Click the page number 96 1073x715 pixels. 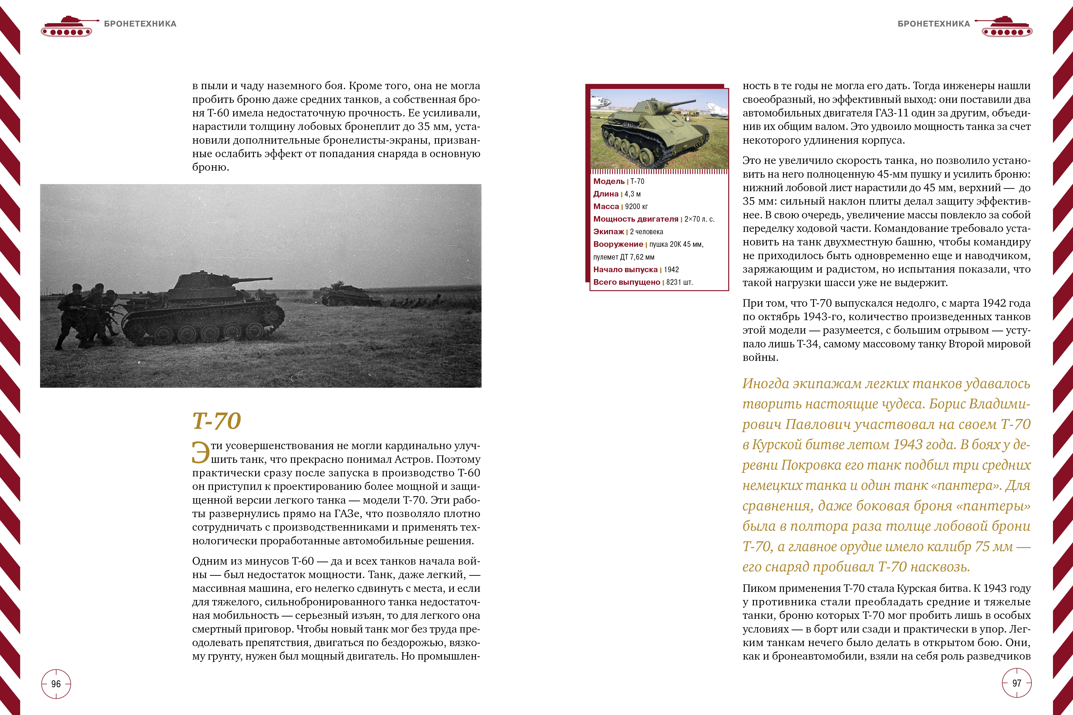tap(56, 684)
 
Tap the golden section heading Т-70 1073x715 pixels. tap(216, 420)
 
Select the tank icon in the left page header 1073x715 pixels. tap(68, 27)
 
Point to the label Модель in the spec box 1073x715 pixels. tap(608, 182)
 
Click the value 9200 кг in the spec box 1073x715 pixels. tap(636, 207)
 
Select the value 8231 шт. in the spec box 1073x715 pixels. tap(679, 282)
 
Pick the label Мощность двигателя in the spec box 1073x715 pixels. tap(636, 219)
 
